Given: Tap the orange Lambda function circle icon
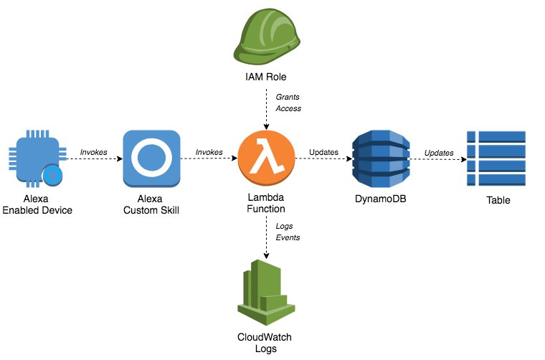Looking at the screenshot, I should [x=266, y=158].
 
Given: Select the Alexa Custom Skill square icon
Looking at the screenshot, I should [x=151, y=158].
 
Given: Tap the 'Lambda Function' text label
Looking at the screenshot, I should [x=266, y=204].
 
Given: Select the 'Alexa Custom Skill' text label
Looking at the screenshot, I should [x=151, y=204].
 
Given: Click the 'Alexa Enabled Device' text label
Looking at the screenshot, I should [x=37, y=204].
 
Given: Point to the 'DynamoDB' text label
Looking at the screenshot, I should [x=380, y=199].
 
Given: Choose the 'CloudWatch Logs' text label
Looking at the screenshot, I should [x=265, y=342].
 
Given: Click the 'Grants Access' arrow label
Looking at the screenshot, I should [x=288, y=102].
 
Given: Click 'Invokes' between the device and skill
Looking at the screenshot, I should [x=94, y=152].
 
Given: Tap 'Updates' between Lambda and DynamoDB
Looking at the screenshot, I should [x=323, y=152].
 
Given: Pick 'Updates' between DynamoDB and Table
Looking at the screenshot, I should [x=438, y=152].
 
